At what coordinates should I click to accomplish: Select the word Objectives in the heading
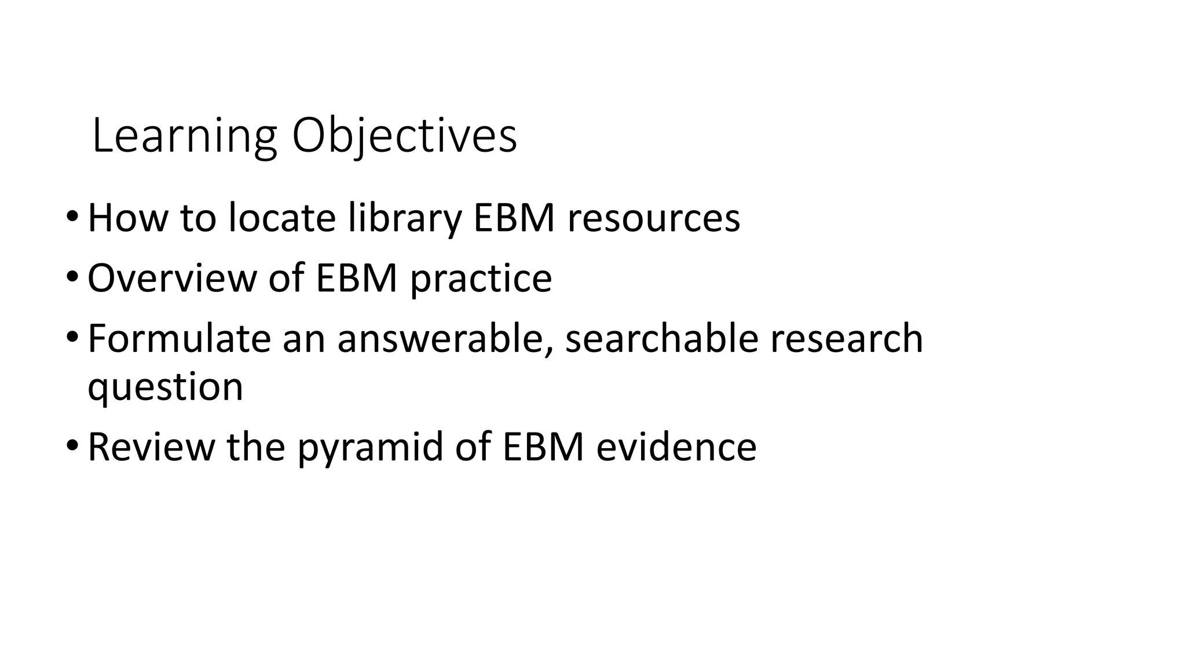click(404, 137)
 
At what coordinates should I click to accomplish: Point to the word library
click(405, 218)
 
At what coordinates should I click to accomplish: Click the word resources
click(653, 218)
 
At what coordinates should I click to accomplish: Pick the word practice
click(481, 278)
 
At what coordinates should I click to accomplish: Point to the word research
click(846, 339)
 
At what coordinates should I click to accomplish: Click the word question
click(165, 387)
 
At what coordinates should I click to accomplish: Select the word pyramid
click(370, 447)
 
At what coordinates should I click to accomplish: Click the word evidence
click(676, 447)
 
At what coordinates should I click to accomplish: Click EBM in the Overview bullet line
click(356, 278)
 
